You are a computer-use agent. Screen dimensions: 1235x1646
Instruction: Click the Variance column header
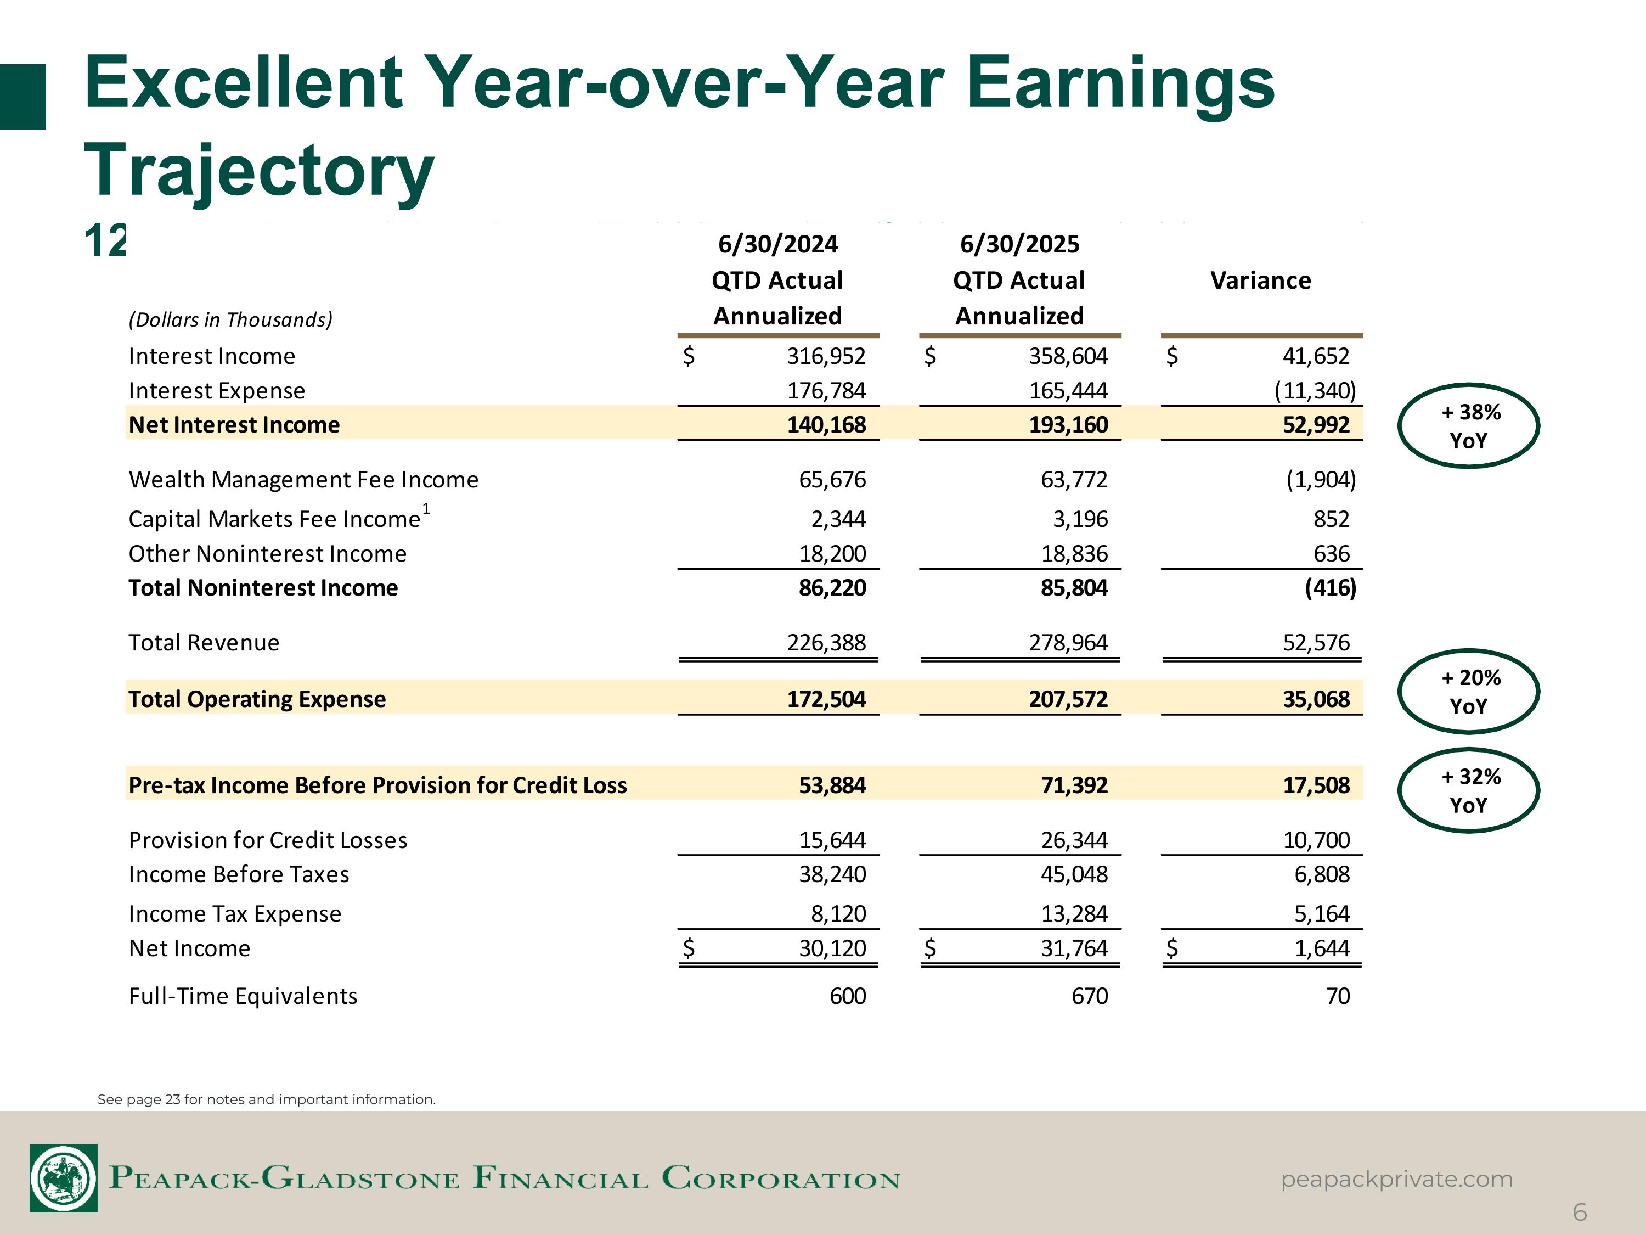(x=1260, y=280)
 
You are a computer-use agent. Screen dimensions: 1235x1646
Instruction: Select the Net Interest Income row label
(x=234, y=424)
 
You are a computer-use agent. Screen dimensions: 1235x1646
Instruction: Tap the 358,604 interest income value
(x=1068, y=357)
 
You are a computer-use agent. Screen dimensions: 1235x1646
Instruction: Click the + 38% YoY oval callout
(x=1468, y=426)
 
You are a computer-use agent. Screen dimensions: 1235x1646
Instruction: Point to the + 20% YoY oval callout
(x=1468, y=692)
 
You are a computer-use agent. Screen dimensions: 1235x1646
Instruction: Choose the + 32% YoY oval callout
(x=1468, y=790)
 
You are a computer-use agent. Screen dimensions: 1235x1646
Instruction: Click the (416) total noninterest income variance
(x=1330, y=588)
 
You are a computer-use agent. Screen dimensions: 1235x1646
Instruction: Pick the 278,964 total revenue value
(x=1068, y=642)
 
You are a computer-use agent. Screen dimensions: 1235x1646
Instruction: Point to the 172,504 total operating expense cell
(x=826, y=699)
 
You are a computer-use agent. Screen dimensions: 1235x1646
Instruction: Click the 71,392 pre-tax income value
(x=1074, y=785)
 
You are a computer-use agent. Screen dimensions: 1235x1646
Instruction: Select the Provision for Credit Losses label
(x=268, y=840)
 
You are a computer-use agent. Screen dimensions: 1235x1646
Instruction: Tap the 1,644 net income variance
(x=1322, y=948)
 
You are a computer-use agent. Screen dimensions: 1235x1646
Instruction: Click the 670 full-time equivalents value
(x=1090, y=996)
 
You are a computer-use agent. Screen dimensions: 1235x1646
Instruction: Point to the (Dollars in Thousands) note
(x=230, y=320)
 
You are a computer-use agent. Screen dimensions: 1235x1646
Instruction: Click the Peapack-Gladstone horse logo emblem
(x=64, y=1178)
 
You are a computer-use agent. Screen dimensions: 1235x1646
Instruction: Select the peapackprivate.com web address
(x=1397, y=1179)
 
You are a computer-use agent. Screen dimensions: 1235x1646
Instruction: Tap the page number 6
(x=1580, y=1212)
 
